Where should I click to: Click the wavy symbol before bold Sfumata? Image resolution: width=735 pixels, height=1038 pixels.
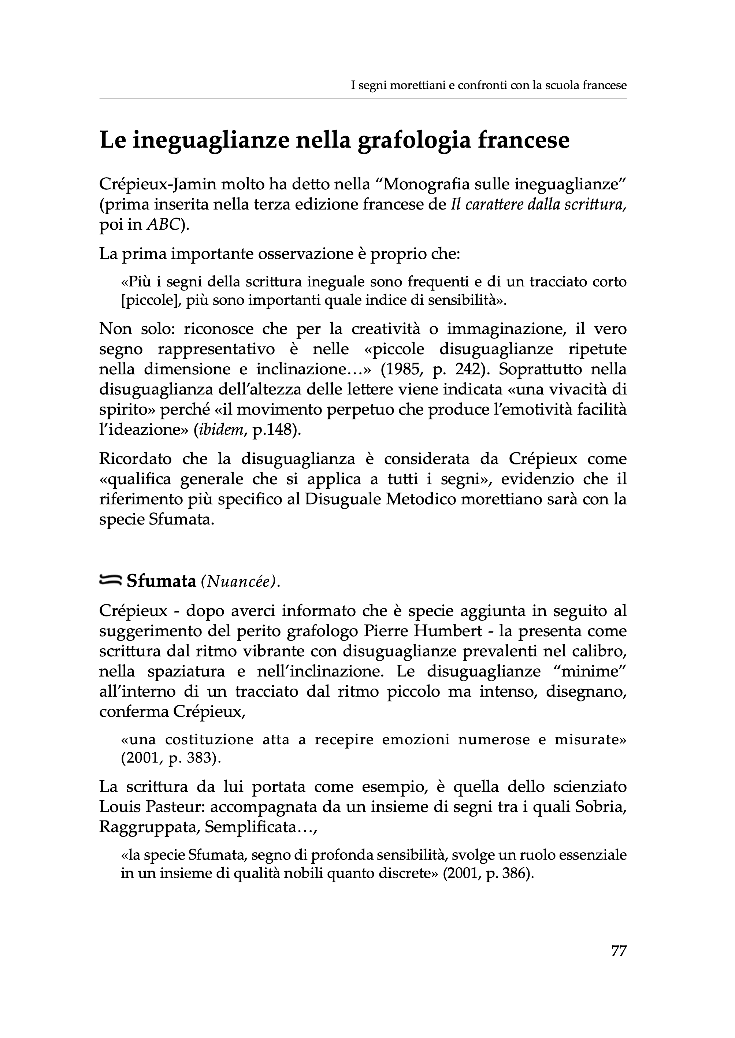point(110,580)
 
